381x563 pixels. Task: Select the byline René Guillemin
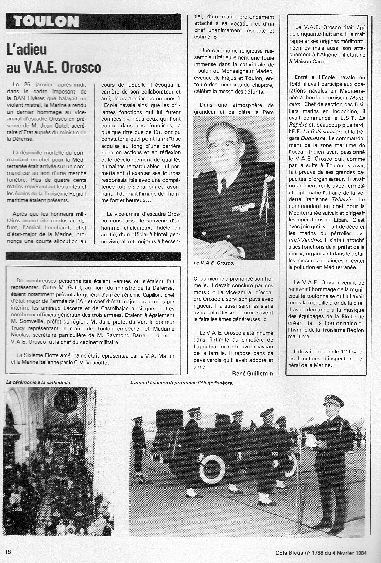(253, 374)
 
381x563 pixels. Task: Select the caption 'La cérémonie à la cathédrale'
(38, 382)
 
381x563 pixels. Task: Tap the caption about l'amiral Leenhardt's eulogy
(182, 383)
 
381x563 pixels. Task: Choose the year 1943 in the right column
(294, 84)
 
